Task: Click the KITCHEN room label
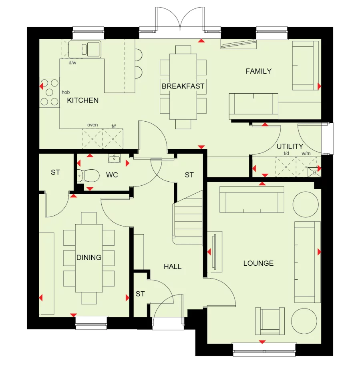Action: (x=82, y=100)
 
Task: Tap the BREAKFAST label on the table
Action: (x=183, y=86)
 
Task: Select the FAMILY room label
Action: (x=258, y=71)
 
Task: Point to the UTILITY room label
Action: (x=290, y=146)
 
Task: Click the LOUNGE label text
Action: (x=258, y=263)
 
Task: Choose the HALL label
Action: (x=173, y=266)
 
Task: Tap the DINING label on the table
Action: (x=89, y=257)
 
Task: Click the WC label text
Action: (x=112, y=175)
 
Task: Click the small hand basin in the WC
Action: (x=115, y=159)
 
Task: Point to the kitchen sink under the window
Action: (x=85, y=49)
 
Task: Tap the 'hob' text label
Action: (x=66, y=92)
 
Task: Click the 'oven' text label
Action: (x=93, y=125)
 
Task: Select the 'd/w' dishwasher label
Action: (x=72, y=62)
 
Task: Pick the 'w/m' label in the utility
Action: (x=306, y=153)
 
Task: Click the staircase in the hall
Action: (x=188, y=218)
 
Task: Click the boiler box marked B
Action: (x=314, y=173)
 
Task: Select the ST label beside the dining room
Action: (x=55, y=172)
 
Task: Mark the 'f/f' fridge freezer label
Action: (x=113, y=126)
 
